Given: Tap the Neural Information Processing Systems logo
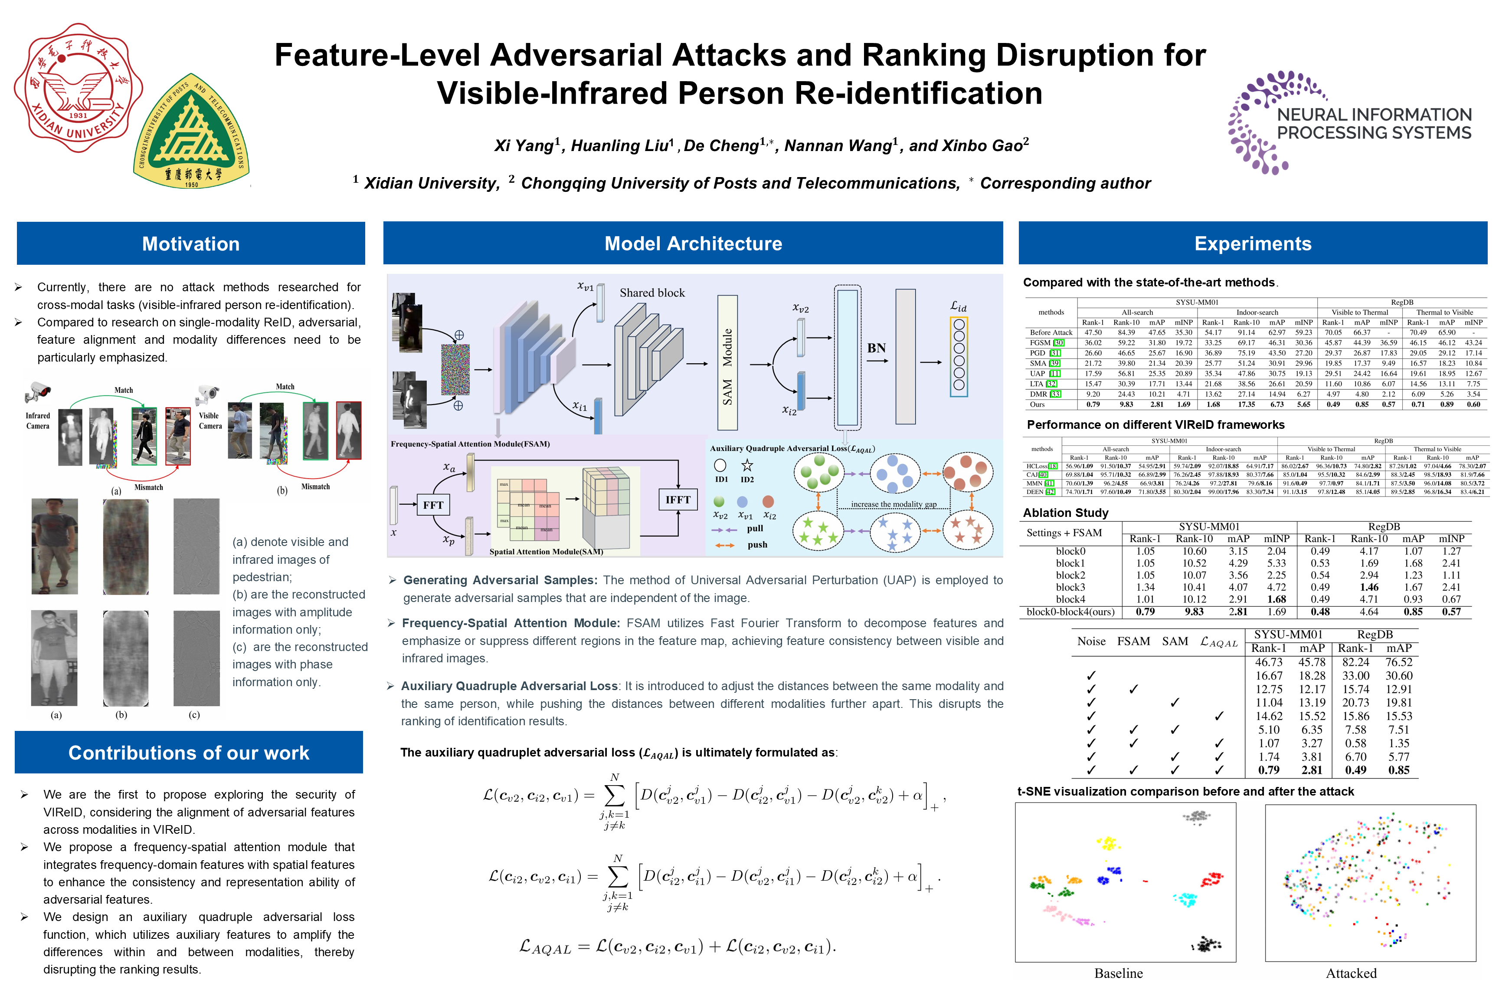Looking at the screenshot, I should coord(1350,122).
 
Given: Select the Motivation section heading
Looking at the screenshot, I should coord(190,243).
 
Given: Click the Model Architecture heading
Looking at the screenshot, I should coord(693,243).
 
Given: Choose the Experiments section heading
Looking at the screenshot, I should coord(1252,243).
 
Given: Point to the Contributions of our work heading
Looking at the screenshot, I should coord(189,753).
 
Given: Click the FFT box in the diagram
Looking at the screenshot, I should coord(433,505).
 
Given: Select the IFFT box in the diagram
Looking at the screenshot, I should coord(677,500).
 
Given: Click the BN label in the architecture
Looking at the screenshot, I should coord(876,348).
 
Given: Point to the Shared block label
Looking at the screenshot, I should coord(652,293).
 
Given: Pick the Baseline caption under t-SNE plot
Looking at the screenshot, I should coord(1119,973).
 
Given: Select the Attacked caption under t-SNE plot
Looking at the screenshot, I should coord(1351,973).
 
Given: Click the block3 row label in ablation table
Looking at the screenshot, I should coord(1070,587).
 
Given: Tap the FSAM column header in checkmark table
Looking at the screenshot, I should coord(1133,641).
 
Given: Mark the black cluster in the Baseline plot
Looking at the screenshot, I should coord(1206,944).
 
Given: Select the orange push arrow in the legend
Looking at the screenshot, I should coord(725,545).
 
